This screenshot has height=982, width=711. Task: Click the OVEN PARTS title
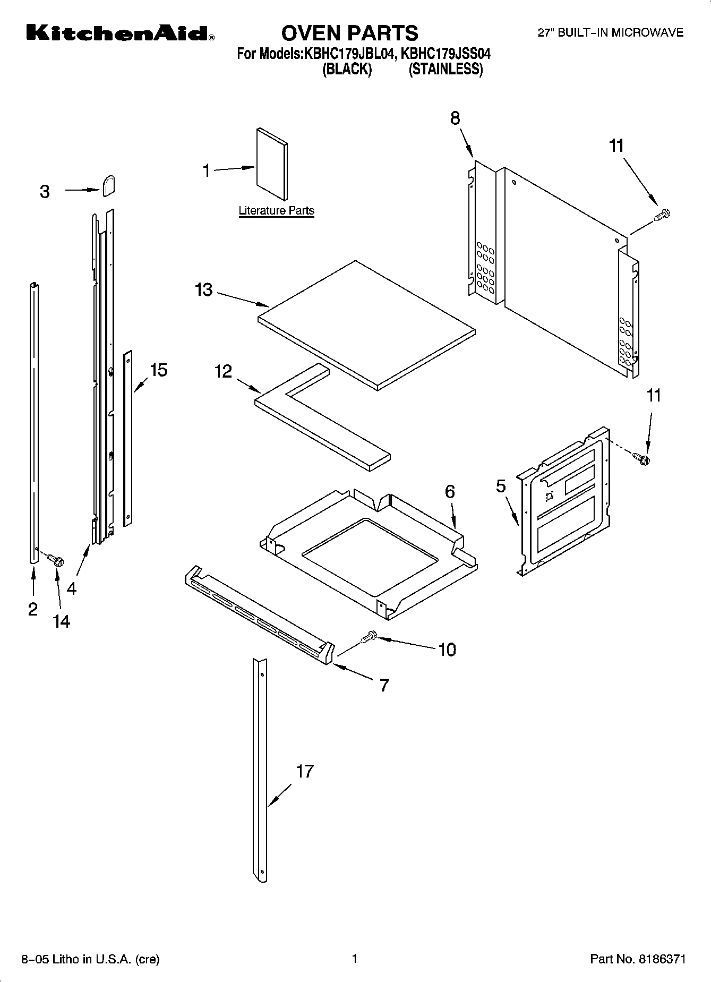(349, 33)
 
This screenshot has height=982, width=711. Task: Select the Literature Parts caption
(276, 210)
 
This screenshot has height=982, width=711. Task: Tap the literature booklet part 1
(272, 161)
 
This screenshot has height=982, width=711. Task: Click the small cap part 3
(109, 186)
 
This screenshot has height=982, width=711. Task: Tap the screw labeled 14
(56, 559)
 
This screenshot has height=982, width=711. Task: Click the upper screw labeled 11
(662, 215)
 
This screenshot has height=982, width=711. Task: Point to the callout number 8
(455, 118)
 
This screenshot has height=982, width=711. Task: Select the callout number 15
(158, 370)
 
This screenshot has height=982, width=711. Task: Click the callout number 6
(450, 491)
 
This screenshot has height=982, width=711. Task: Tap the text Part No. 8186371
(638, 959)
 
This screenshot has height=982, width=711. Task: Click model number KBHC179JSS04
(446, 54)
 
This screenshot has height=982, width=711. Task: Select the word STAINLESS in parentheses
(446, 69)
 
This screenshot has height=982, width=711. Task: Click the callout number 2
(33, 609)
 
